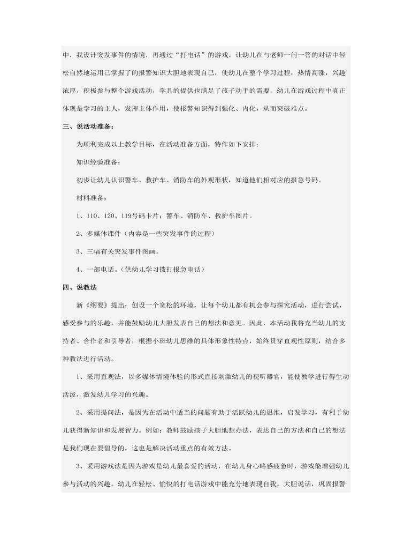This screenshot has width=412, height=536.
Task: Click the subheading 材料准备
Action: click(91, 198)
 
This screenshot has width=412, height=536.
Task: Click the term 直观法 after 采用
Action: click(113, 377)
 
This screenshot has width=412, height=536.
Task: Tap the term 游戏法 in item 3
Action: click(113, 466)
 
